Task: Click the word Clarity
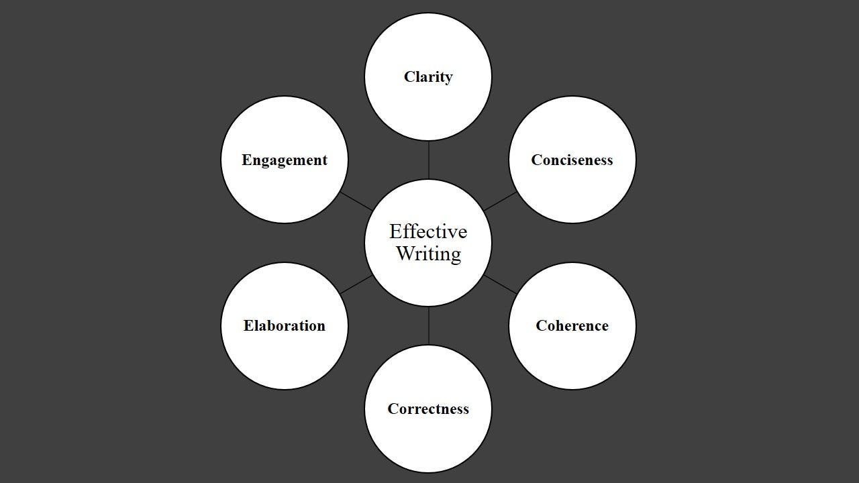(x=428, y=77)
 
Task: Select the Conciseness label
(x=572, y=160)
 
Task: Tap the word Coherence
(x=572, y=326)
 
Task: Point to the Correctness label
(x=428, y=409)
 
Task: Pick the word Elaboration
(x=284, y=326)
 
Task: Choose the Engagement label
(x=285, y=160)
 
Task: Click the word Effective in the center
(x=428, y=232)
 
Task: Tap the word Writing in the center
(x=428, y=254)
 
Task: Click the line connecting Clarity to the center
(x=428, y=160)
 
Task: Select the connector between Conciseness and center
(x=500, y=201)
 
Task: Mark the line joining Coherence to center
(x=500, y=284)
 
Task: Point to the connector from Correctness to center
(x=428, y=326)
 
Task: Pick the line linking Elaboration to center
(x=356, y=284)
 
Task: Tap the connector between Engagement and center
(x=356, y=201)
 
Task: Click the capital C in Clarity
(x=409, y=77)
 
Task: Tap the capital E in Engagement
(x=246, y=160)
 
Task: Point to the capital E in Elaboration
(x=248, y=326)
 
